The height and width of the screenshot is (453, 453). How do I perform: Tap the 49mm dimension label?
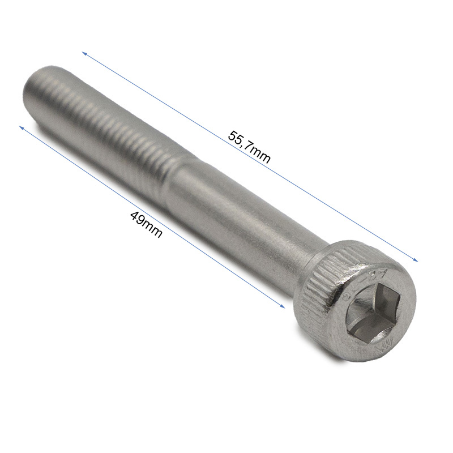pos(146,224)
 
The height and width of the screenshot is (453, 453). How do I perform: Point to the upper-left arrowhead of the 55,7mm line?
pos(84,53)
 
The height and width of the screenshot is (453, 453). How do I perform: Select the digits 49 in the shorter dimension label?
pos(136,217)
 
